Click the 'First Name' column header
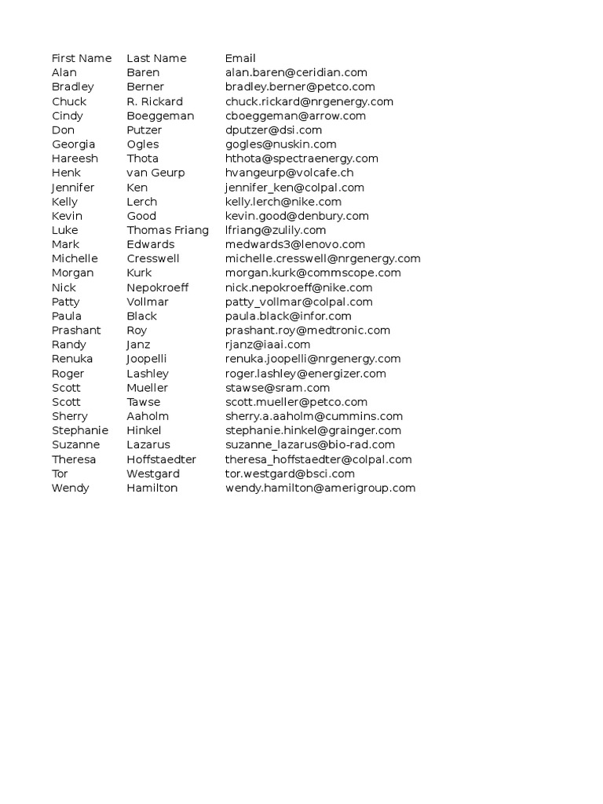[x=82, y=58]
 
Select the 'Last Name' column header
[x=156, y=58]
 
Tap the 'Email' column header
[x=240, y=58]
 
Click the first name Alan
[x=64, y=72]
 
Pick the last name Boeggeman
[x=160, y=115]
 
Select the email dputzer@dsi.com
[x=273, y=130]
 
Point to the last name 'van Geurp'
[x=155, y=173]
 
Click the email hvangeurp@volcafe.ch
[x=289, y=173]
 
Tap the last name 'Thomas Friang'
[x=167, y=230]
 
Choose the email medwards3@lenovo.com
[x=295, y=244]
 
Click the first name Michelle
[x=75, y=258]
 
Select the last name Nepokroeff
[x=158, y=287]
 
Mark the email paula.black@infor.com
[x=288, y=316]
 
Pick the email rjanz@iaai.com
[x=268, y=344]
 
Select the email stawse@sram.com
[x=277, y=387]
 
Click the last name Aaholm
[x=148, y=416]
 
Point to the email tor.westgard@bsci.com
[x=290, y=473]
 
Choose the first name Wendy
[x=71, y=488]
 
